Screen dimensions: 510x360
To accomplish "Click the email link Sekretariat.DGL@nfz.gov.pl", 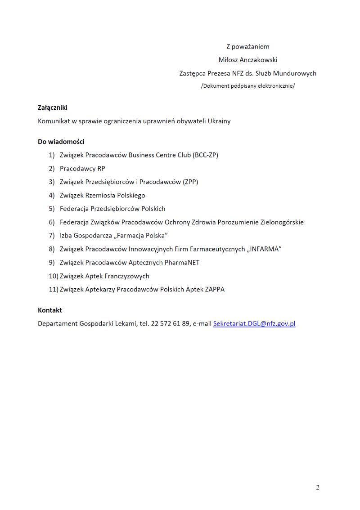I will pyautogui.click(x=254, y=323).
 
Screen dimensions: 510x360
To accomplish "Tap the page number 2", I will pyautogui.click(x=318, y=488).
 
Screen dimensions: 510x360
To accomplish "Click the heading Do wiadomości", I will pyautogui.click(x=61, y=142).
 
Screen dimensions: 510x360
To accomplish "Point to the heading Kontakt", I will pyautogui.click(x=50, y=310).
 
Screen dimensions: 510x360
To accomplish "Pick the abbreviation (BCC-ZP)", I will pyautogui.click(x=205, y=155).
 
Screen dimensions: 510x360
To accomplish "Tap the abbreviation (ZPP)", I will pyautogui.click(x=190, y=182).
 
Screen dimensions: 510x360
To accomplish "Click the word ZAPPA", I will pyautogui.click(x=215, y=290).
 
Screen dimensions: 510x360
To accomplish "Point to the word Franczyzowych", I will pyautogui.click(x=127, y=276).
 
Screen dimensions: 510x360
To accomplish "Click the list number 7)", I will pyautogui.click(x=52, y=236).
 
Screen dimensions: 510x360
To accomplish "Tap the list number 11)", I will pyautogui.click(x=54, y=290).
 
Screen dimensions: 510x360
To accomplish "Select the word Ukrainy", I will pyautogui.click(x=219, y=121).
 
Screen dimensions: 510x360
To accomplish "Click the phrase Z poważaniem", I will pyautogui.click(x=247, y=46).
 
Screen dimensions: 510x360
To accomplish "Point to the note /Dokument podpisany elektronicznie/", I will pyautogui.click(x=247, y=86).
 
